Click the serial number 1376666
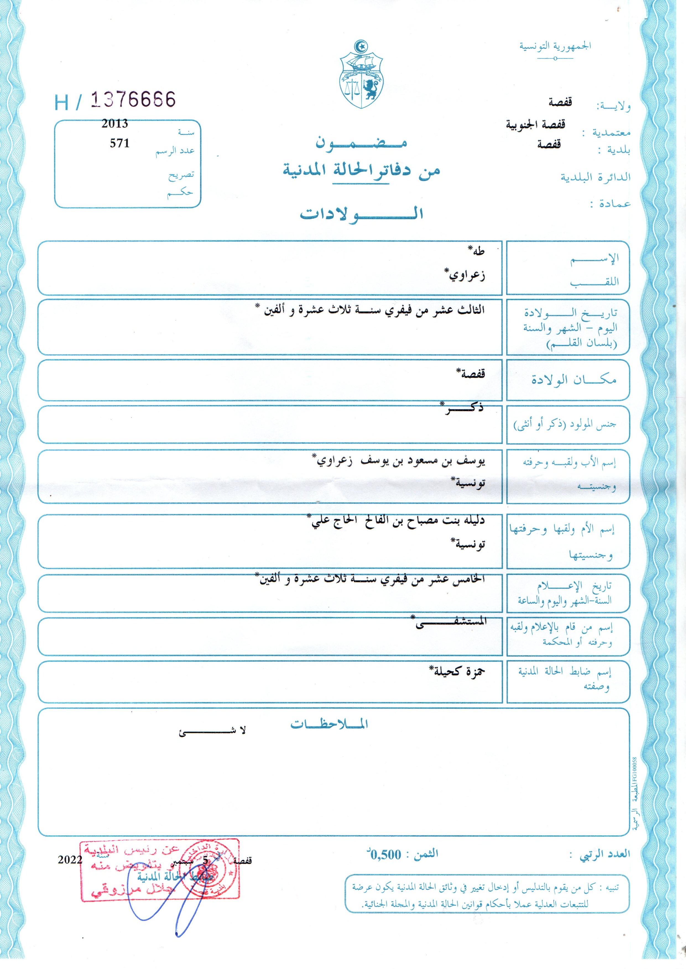point(133,100)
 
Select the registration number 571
point(119,143)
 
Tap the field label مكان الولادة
point(574,379)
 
